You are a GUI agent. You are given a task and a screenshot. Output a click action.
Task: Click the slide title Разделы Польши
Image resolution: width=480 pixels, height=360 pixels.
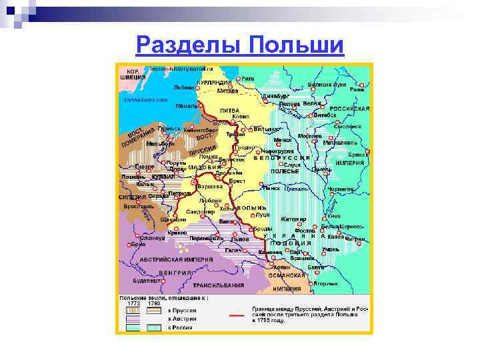[x=240, y=46]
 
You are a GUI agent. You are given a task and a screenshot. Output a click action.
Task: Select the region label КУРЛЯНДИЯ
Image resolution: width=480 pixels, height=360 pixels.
[x=214, y=83]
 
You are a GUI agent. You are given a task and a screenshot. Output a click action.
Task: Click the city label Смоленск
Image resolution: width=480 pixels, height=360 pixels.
[x=347, y=126]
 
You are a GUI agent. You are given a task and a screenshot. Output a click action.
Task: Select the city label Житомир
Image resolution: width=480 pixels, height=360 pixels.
[x=293, y=219]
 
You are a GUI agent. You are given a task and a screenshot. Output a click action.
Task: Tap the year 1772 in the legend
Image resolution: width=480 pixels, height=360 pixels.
[x=134, y=304]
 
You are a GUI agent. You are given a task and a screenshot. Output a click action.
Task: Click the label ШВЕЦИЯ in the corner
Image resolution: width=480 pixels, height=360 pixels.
[x=133, y=77]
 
